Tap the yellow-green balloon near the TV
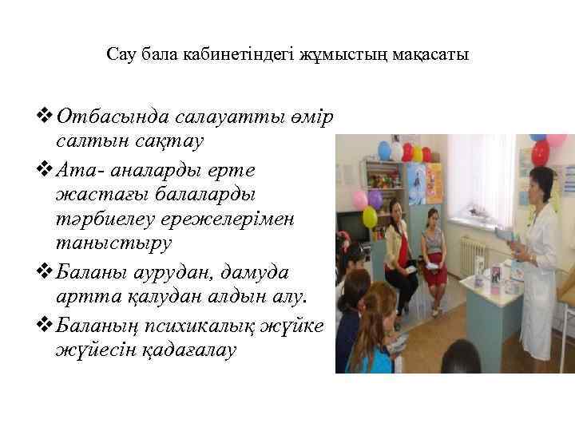369,216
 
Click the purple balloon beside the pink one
375,198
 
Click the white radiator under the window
474,254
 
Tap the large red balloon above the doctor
540,152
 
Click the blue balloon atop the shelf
384,150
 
